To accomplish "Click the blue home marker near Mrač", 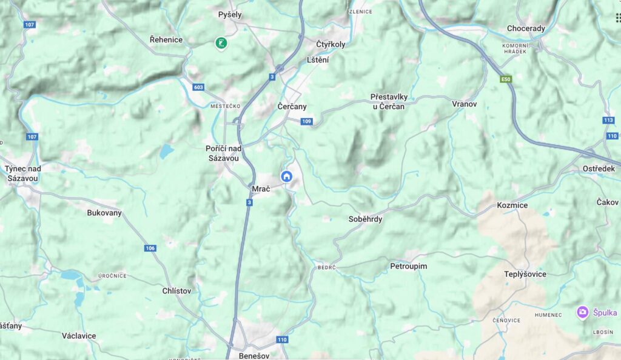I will coord(287,176).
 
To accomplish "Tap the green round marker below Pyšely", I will coord(221,42).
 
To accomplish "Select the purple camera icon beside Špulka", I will coord(583,312).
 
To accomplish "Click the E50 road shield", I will coord(505,79).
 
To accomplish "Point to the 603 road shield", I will coord(198,87).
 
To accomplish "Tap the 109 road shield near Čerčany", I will coord(306,122).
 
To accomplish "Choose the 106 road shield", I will coord(150,248).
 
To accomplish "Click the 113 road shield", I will coord(609,120).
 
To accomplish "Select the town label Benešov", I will coord(254,355).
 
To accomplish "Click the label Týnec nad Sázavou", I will coord(23,173).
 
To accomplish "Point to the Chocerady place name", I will coord(526,28).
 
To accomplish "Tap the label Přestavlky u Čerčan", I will coord(389,101).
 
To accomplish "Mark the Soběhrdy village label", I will coord(366,219).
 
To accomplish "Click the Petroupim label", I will coord(408,266).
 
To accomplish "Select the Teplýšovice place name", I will coord(525,274).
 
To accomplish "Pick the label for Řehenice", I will coord(166,39).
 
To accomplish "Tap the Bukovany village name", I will coord(104,213).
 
